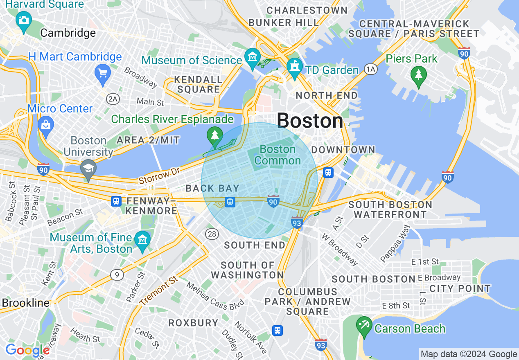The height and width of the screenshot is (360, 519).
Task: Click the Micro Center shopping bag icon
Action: tap(45, 124)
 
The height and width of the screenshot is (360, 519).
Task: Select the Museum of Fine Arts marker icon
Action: tap(142, 240)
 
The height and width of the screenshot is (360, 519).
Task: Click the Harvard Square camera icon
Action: tap(23, 20)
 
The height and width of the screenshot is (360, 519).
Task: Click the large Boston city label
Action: tap(310, 121)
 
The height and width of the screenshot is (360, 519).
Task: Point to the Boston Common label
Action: tap(278, 155)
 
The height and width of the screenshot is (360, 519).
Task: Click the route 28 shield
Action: tap(212, 234)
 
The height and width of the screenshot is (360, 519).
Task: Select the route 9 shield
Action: tap(117, 275)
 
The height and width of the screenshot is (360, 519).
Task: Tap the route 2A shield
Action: tap(112, 99)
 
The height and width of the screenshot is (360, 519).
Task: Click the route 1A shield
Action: tap(371, 70)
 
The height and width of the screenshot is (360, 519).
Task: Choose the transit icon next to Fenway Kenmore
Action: tap(116, 201)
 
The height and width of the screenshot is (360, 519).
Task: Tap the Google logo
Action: tap(27, 351)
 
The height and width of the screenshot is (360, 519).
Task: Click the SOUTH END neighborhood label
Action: tap(255, 245)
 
